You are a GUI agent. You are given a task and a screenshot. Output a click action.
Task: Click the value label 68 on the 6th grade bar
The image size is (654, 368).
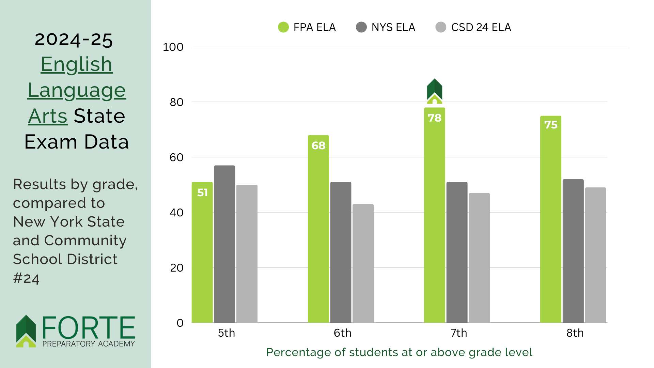(x=318, y=145)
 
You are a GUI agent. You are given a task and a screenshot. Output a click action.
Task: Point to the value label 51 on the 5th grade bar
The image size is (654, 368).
(x=202, y=193)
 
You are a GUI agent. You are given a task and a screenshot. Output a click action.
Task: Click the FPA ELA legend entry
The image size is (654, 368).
(x=307, y=27)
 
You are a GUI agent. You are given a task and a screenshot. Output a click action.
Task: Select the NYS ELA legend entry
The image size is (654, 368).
(x=386, y=27)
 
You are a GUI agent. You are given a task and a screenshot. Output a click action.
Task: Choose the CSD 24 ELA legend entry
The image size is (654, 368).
(x=473, y=27)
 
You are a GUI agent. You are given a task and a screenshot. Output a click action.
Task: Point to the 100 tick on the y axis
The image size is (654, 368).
(x=173, y=47)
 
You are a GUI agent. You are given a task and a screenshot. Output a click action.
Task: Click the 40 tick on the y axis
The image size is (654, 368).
(x=176, y=213)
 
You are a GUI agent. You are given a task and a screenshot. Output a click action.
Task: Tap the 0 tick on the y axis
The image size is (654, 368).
(x=180, y=323)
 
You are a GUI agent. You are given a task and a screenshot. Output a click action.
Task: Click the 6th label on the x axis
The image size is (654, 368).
(x=342, y=333)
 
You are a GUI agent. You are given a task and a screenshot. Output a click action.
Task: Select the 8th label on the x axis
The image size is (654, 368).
(x=575, y=333)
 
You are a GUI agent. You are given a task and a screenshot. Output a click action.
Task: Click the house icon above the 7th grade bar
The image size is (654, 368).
(x=435, y=91)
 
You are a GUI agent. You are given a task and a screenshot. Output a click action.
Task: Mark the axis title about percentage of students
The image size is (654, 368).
(x=399, y=352)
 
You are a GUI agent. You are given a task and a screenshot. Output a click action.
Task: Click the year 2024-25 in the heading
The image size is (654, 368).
(x=74, y=40)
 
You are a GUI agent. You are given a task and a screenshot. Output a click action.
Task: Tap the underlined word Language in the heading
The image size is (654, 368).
(x=77, y=90)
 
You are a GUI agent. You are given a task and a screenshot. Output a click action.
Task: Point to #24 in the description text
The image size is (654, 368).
(x=26, y=278)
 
